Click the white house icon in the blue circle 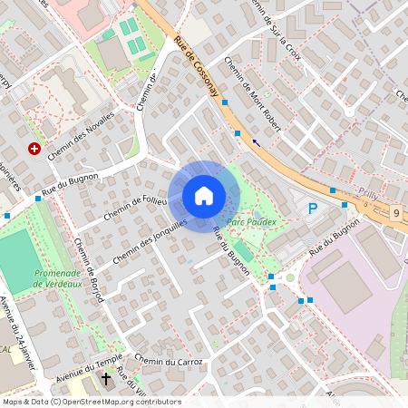coord(204,195)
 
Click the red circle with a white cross coord(34,148)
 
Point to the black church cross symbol coord(106,378)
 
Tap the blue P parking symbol coord(313,209)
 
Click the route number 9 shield coord(396,212)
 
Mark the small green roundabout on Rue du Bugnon coord(290,278)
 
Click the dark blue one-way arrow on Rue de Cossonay coord(257,141)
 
